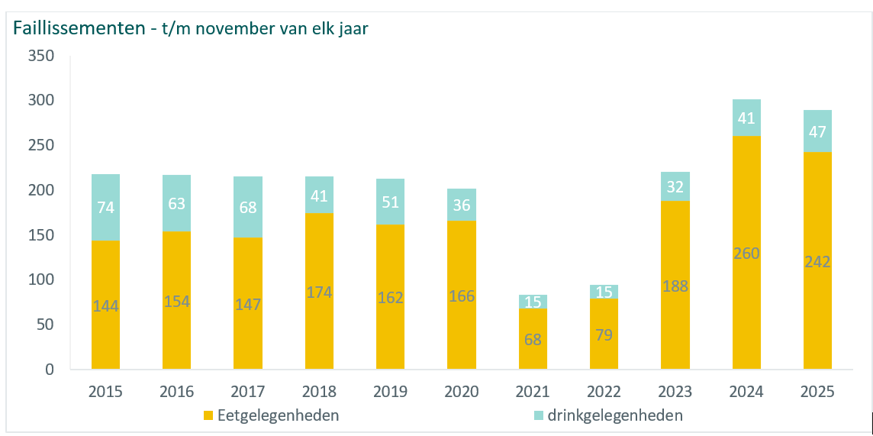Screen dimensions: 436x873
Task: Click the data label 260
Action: point(746,253)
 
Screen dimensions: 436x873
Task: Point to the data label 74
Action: point(105,207)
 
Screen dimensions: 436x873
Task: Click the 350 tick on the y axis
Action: point(40,56)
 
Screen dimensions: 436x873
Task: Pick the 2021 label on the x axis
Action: point(533,392)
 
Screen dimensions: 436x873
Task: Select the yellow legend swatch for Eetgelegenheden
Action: point(208,416)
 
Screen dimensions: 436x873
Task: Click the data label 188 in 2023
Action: point(675,286)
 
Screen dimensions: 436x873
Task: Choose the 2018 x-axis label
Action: point(319,392)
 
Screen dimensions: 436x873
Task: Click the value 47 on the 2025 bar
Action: point(817,131)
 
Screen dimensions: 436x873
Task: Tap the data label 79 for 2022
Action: point(604,334)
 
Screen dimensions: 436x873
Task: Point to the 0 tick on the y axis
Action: point(50,370)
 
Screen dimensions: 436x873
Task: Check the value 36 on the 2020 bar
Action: point(462,205)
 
